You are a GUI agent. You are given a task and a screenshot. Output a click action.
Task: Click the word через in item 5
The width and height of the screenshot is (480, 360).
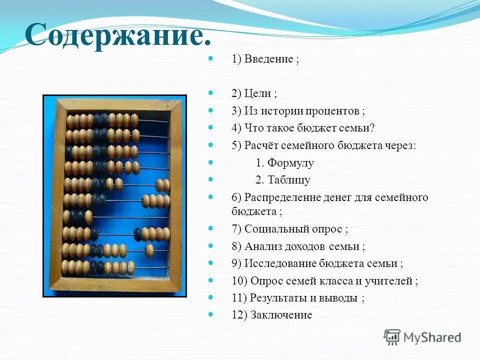pyautogui.click(x=399, y=145)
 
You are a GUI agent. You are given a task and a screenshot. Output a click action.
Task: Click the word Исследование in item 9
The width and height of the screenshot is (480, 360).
pyautogui.click(x=280, y=263)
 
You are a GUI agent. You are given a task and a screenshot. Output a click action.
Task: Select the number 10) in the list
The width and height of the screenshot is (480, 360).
pyautogui.click(x=239, y=281)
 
